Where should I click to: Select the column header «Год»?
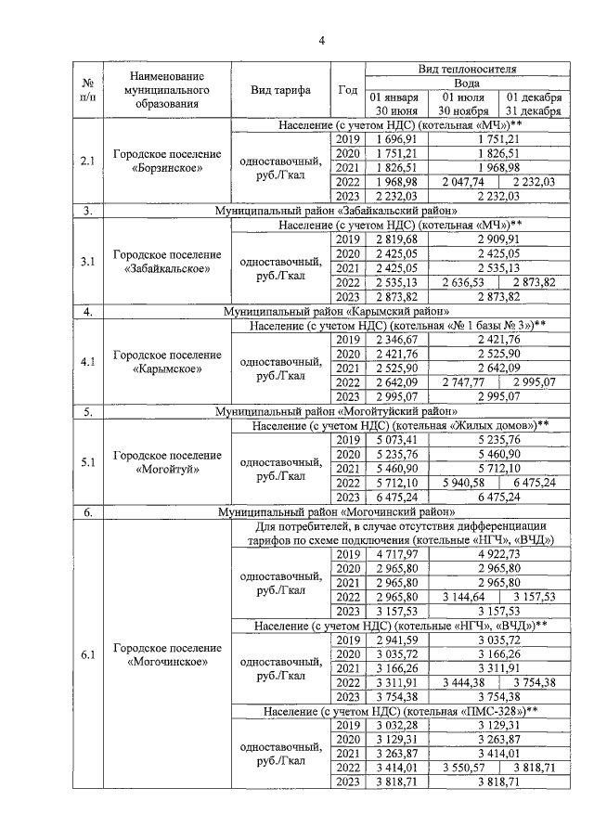348,90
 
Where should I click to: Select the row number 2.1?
86,161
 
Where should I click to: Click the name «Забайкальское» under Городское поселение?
167,268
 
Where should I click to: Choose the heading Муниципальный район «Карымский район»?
337,311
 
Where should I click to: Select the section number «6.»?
86,511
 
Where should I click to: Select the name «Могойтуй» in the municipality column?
167,469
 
